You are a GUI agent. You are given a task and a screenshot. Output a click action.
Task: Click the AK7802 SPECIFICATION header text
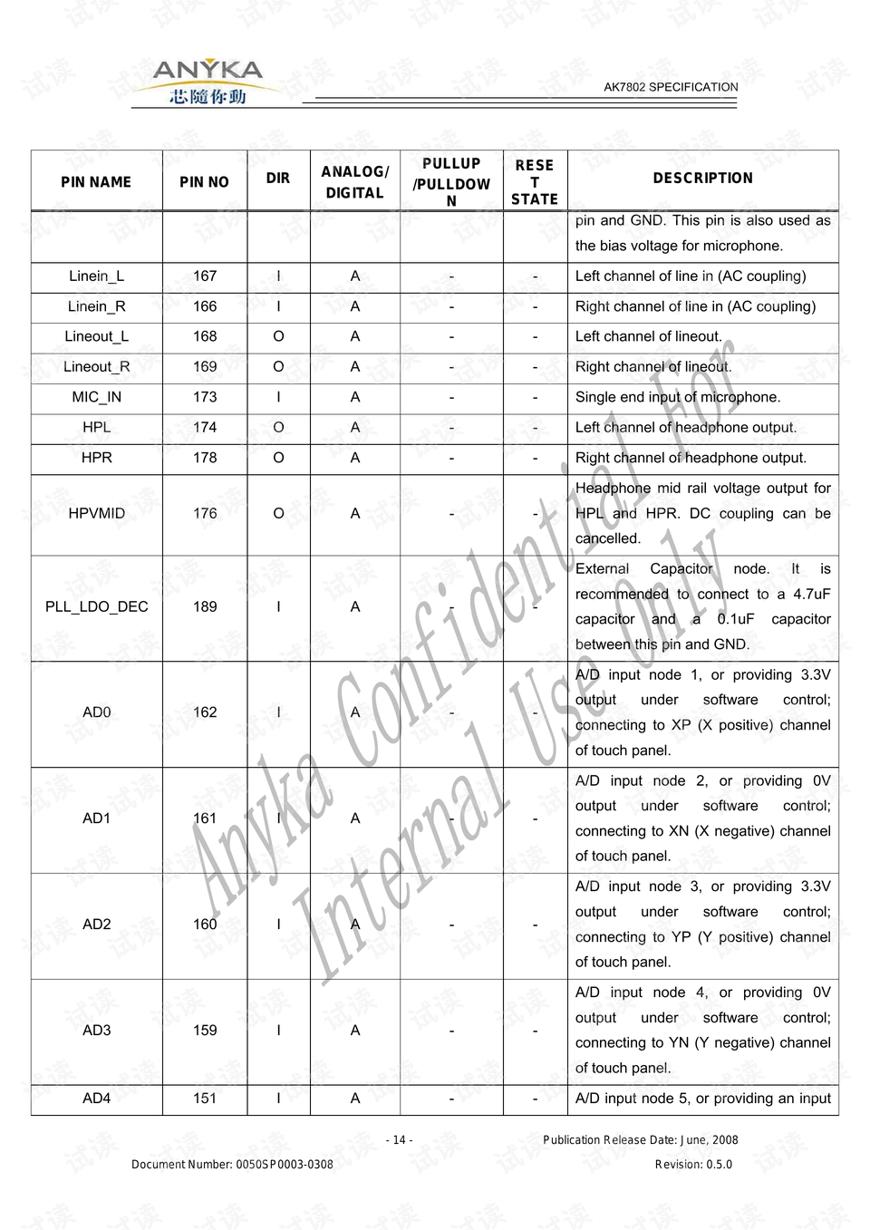point(671,87)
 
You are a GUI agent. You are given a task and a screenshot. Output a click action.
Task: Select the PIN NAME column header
point(96,182)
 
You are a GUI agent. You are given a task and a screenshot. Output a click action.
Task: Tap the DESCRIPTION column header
point(702,179)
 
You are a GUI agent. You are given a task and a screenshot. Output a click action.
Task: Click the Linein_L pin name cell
point(96,276)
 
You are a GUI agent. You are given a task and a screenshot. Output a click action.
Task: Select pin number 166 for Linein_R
point(205,306)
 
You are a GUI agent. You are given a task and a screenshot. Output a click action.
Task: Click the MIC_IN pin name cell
point(96,397)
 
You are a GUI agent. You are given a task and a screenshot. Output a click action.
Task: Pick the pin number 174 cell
point(205,428)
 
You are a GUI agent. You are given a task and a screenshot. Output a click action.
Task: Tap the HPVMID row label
point(96,514)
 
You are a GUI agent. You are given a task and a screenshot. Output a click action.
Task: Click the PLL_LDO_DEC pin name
point(96,607)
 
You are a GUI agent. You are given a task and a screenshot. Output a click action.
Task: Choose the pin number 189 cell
point(205,607)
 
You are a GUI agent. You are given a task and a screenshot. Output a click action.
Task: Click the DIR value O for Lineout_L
point(278,337)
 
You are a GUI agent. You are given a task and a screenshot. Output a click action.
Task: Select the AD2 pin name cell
point(96,925)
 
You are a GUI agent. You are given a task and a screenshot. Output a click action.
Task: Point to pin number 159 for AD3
point(205,1031)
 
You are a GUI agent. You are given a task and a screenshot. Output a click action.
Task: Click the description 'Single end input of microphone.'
point(677,397)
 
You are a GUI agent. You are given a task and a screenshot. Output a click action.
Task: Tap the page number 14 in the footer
point(399,1140)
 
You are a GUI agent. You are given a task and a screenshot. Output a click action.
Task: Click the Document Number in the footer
point(232,1165)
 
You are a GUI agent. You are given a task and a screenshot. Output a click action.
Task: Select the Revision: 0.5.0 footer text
point(693,1165)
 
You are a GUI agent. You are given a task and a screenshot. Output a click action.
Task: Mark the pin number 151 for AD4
point(205,1099)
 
